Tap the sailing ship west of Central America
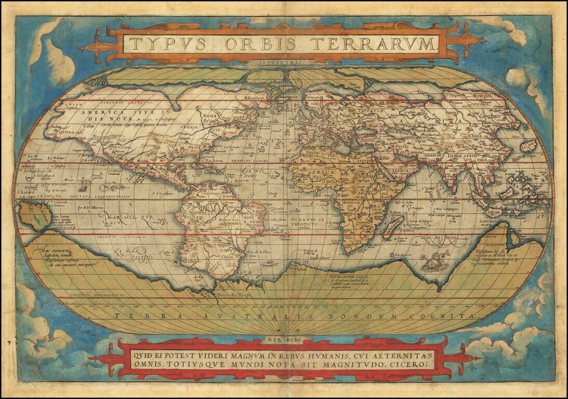click(x=83, y=183)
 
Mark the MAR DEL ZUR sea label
click(x=123, y=215)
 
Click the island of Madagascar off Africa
click(x=395, y=225)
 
